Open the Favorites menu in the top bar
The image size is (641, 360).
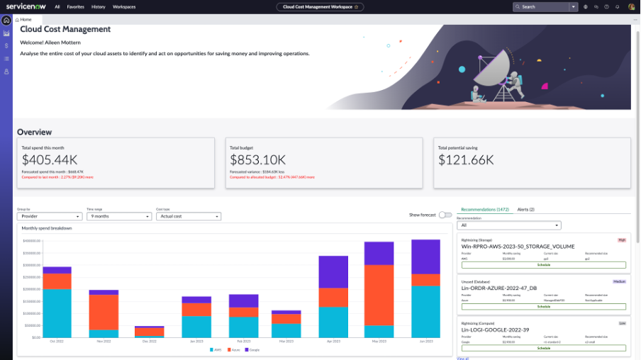point(75,6)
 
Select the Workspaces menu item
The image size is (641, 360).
point(124,6)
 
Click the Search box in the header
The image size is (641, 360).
point(542,6)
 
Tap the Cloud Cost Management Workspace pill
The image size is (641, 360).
point(320,6)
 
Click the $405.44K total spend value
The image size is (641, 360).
point(49,160)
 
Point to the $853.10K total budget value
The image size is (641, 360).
point(257,160)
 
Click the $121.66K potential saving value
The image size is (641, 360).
point(466,160)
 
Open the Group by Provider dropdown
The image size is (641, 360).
point(50,216)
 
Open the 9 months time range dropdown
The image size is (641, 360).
point(118,216)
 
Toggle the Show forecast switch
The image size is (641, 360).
point(445,215)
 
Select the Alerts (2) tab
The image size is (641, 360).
point(525,210)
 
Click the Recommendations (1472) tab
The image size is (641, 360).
point(485,210)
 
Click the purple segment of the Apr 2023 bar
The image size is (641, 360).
point(333,271)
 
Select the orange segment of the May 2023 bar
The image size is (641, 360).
point(379,296)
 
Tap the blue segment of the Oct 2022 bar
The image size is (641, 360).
point(57,313)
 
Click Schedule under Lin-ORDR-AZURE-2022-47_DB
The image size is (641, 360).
point(544,307)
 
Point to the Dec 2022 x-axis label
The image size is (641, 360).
point(150,342)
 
